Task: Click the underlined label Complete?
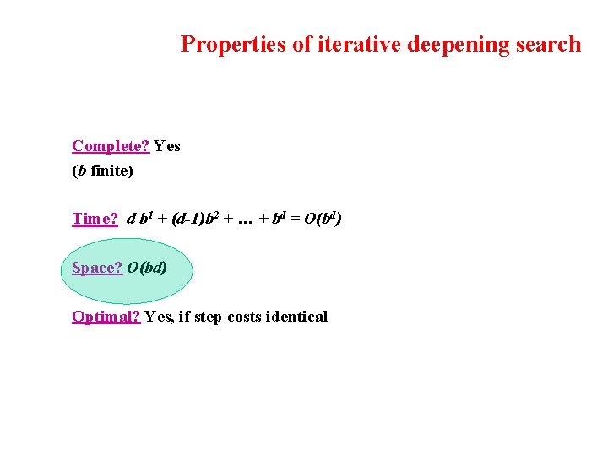click(111, 146)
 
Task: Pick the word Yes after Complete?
click(167, 146)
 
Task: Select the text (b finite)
click(102, 171)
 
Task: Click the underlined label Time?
click(95, 219)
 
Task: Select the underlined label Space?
click(97, 268)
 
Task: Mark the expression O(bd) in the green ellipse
click(147, 268)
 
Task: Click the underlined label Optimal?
click(106, 317)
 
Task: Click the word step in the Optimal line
click(207, 317)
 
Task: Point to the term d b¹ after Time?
click(138, 219)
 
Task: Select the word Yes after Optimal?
click(158, 317)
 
